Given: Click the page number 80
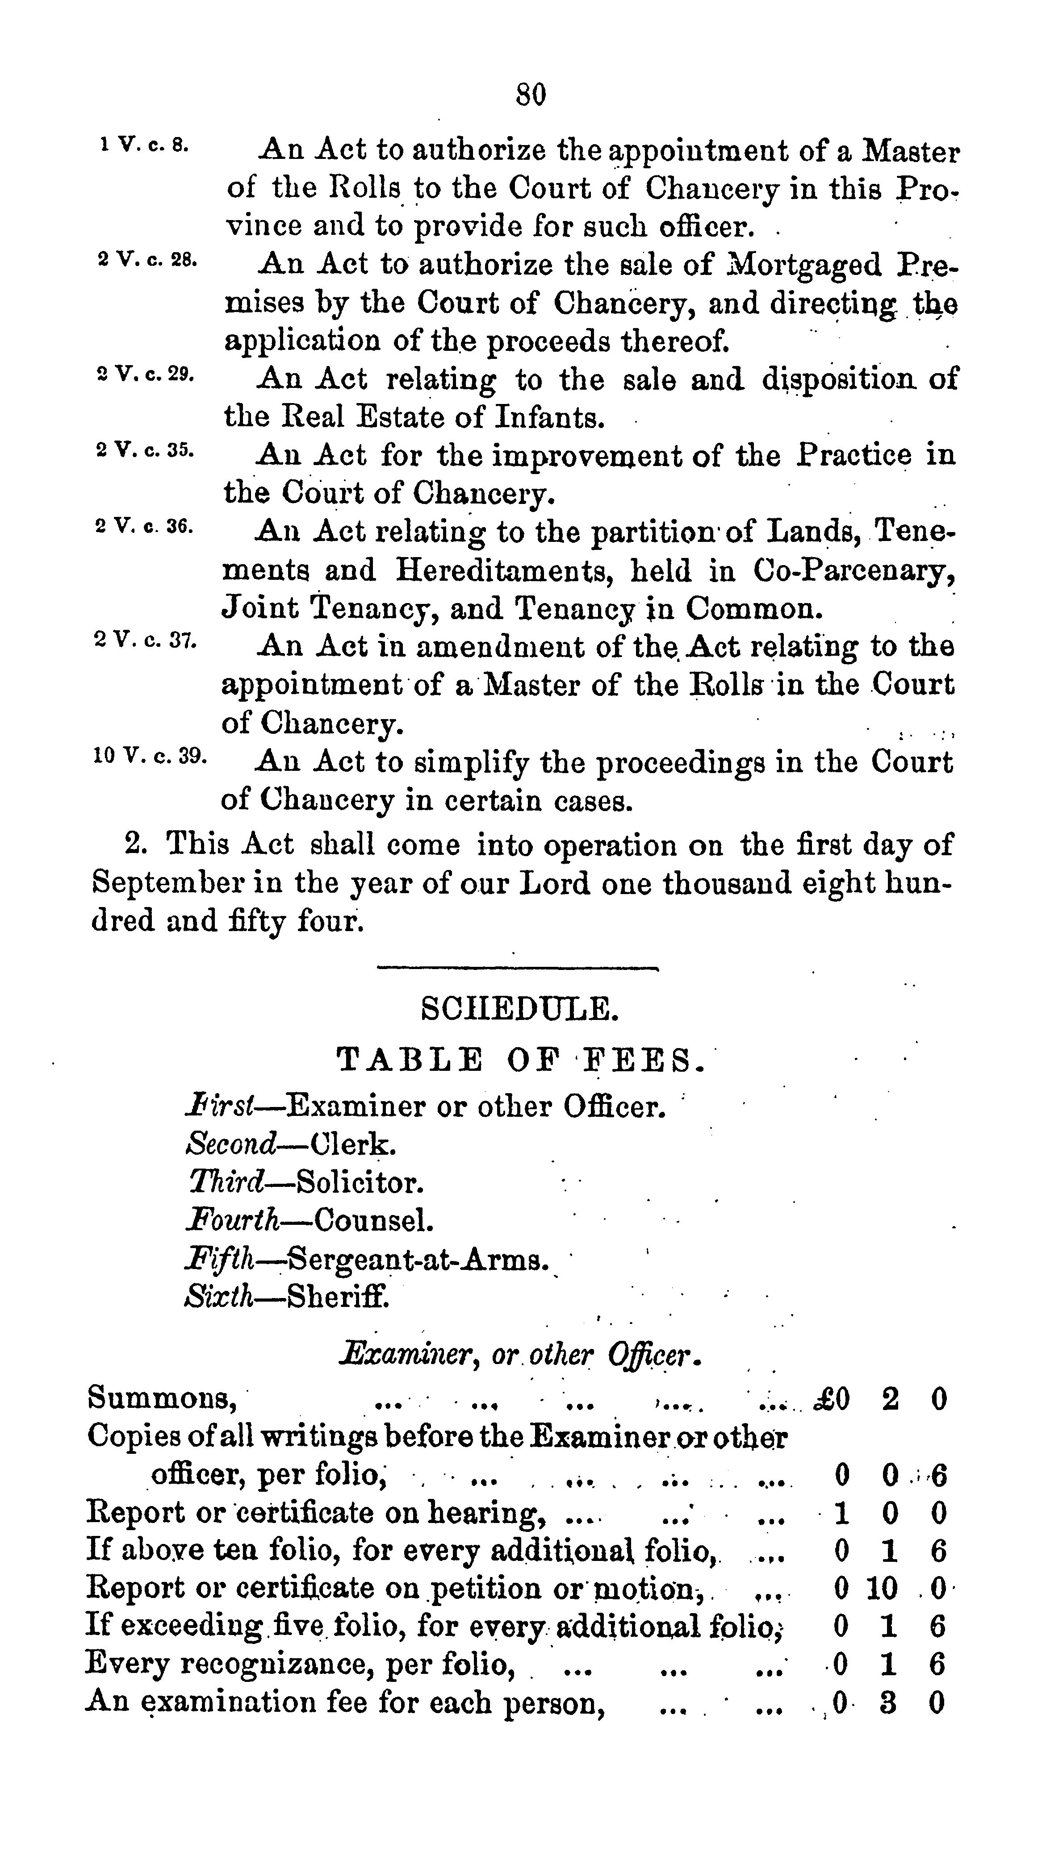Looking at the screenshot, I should click(x=531, y=95).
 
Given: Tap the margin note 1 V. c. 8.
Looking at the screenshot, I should click(x=144, y=145).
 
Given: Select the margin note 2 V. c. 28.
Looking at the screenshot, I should click(x=146, y=259).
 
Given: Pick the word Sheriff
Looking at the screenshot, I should click(x=338, y=1298).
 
